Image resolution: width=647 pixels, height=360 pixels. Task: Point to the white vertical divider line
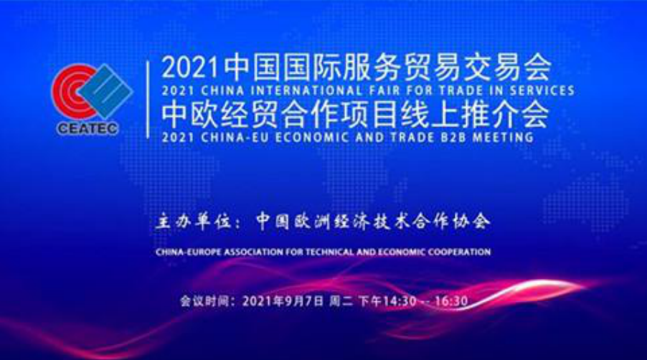(x=148, y=98)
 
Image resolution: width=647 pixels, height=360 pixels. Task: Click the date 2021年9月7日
(x=280, y=301)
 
